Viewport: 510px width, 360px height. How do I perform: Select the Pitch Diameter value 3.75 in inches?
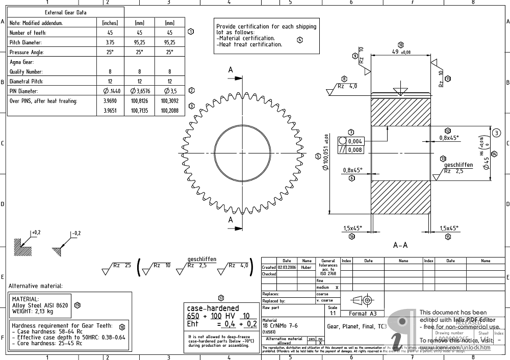[x=110, y=43]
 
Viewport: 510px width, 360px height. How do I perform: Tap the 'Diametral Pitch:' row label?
[x=27, y=82]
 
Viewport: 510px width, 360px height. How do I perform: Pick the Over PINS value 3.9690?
[x=110, y=101]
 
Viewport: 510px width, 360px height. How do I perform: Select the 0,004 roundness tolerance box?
[x=355, y=142]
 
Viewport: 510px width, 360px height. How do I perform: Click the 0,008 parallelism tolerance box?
[x=355, y=150]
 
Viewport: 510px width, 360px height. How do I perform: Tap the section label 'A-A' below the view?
[x=400, y=245]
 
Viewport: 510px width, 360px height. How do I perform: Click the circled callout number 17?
[x=221, y=298]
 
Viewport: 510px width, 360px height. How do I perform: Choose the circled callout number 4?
[x=299, y=39]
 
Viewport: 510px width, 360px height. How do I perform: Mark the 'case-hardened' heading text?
[x=213, y=308]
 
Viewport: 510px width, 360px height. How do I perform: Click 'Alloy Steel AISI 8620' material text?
[x=40, y=305]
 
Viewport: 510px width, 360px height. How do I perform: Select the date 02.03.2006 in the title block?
[x=287, y=267]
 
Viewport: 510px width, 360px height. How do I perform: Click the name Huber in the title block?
[x=306, y=267]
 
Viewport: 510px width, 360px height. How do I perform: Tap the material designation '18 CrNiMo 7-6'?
[x=280, y=325]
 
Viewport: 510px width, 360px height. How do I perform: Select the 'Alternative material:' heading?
[x=36, y=286]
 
